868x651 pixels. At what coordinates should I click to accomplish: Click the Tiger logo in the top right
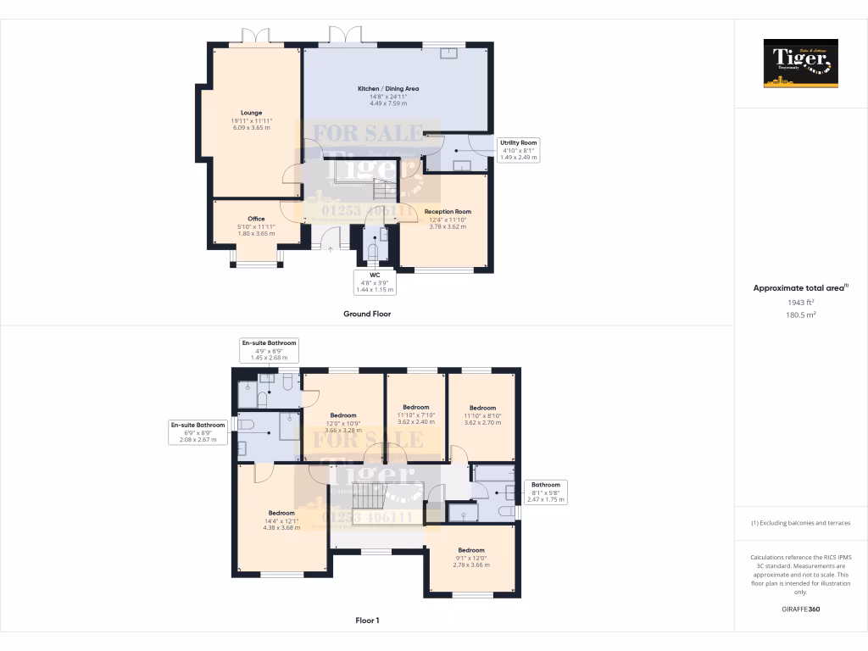click(800, 63)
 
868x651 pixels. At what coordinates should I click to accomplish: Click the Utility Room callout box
click(518, 150)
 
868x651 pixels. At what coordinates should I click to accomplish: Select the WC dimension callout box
click(374, 281)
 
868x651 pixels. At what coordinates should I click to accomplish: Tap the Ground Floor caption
click(366, 314)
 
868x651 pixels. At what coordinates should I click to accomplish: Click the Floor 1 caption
click(367, 620)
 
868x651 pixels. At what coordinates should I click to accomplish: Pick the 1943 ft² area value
click(799, 302)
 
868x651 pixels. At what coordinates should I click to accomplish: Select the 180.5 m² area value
click(799, 314)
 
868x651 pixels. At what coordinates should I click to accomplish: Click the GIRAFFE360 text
click(800, 609)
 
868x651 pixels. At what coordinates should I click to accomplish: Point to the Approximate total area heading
click(799, 288)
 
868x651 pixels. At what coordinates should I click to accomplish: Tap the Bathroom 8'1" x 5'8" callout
click(545, 492)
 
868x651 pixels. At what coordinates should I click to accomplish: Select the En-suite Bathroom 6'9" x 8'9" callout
click(198, 432)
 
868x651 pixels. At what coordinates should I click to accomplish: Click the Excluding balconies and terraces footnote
click(800, 523)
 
